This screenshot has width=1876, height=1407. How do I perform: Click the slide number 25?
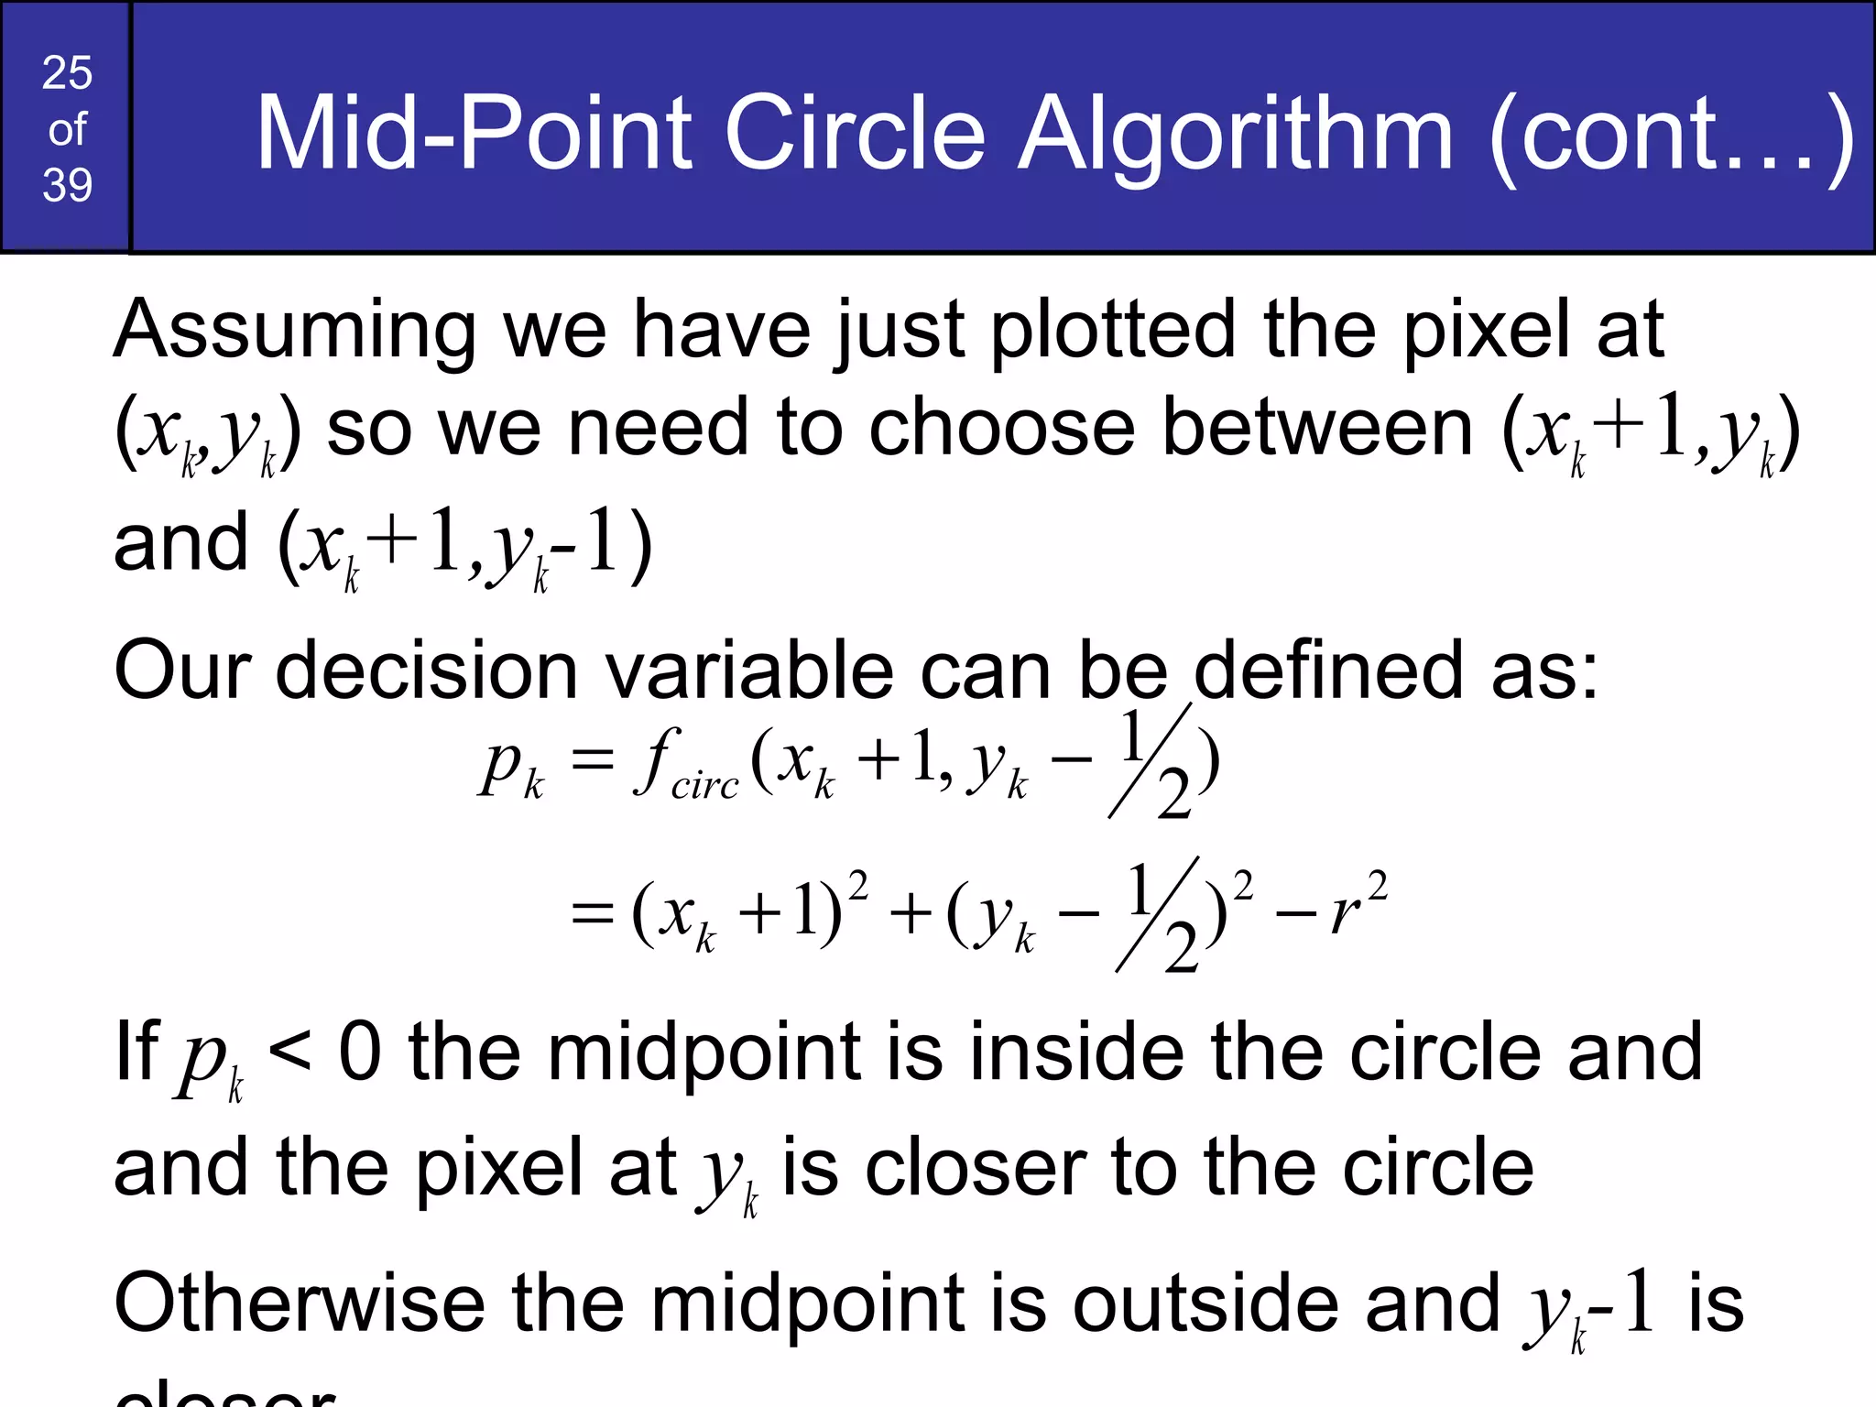(x=67, y=72)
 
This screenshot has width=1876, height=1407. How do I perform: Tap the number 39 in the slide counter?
(x=67, y=185)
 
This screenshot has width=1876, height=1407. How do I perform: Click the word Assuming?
(x=294, y=330)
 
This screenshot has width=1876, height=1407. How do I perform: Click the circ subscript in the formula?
(x=704, y=786)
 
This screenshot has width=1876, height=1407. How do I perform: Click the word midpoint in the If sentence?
(x=703, y=1053)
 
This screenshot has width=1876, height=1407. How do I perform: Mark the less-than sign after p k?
(x=290, y=1053)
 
